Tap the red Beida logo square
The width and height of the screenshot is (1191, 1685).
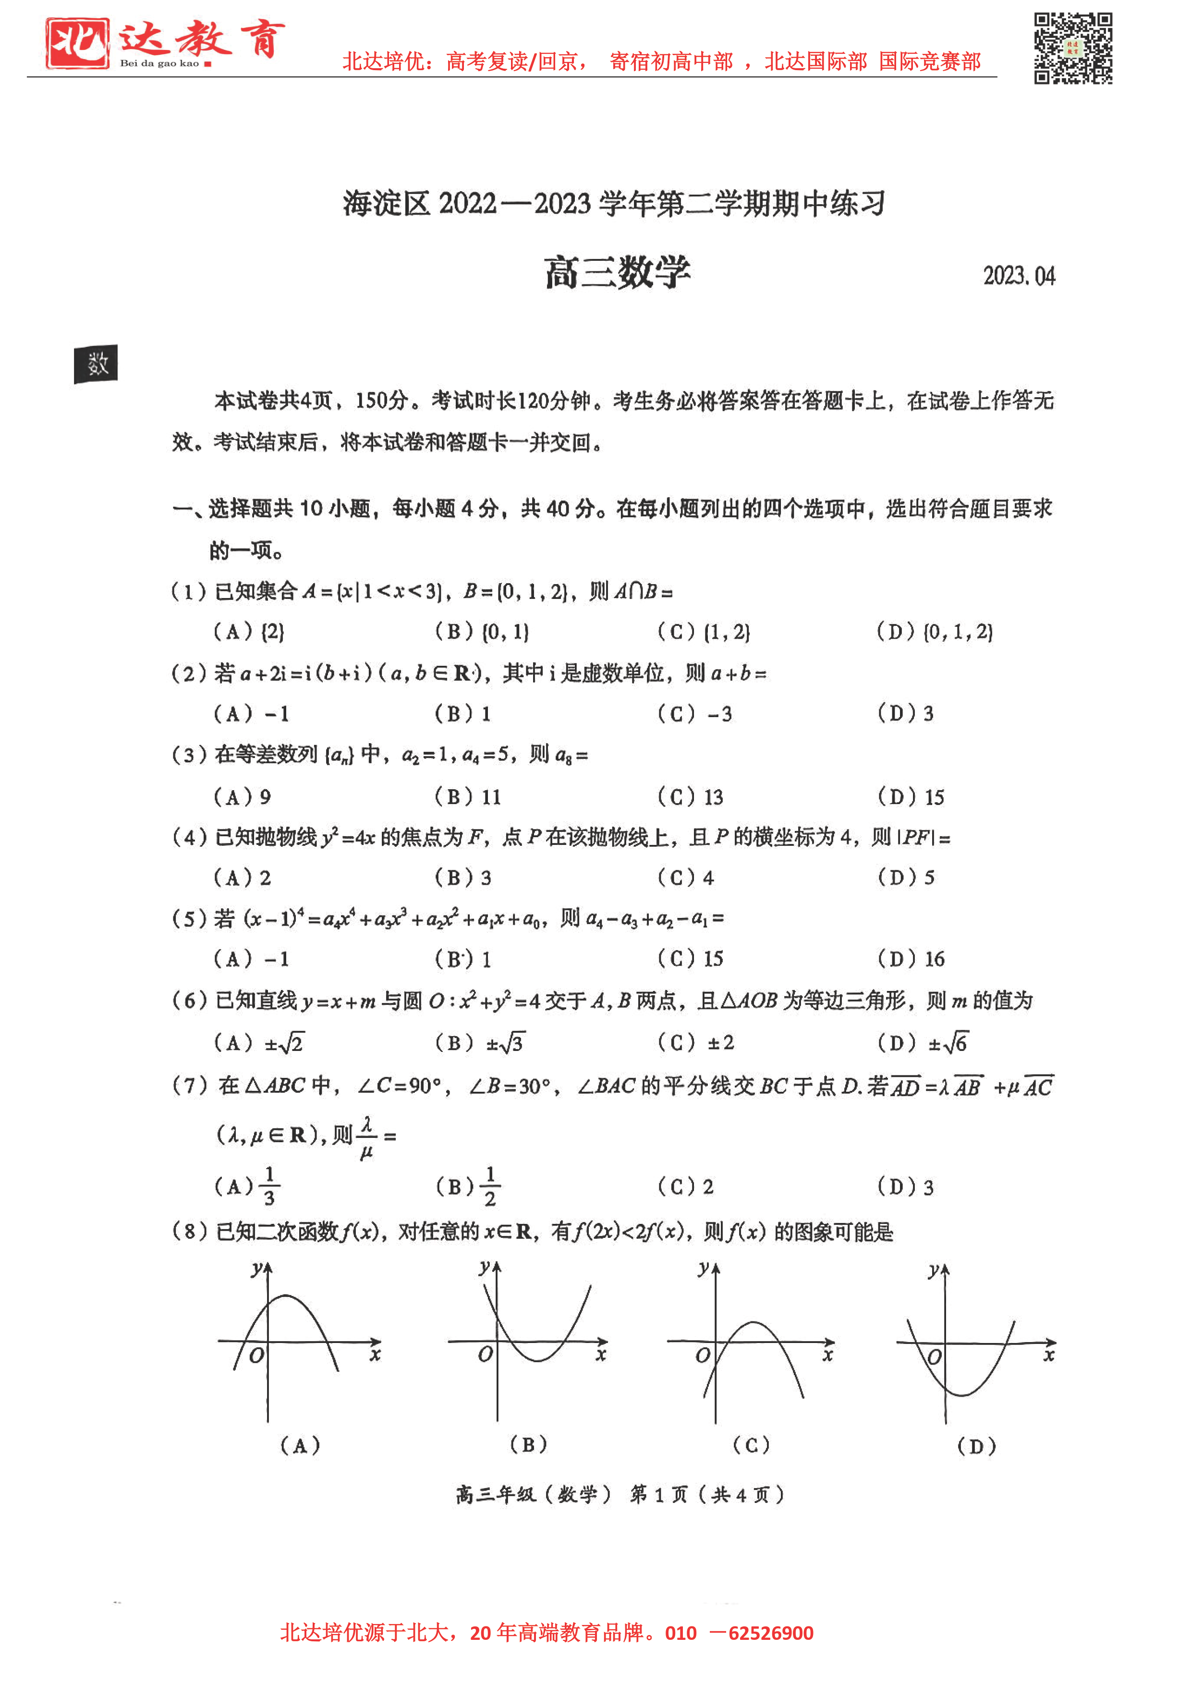coord(77,43)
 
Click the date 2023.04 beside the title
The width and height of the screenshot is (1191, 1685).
coord(1019,276)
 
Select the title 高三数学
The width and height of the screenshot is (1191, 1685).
coord(617,273)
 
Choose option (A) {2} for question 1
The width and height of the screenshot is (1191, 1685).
coord(249,631)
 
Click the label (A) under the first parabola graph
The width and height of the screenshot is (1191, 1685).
coord(300,1446)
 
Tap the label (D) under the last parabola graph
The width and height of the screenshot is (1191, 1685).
coord(977,1446)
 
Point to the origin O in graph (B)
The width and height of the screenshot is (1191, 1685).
coord(485,1354)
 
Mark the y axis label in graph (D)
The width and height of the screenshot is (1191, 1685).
coord(934,1270)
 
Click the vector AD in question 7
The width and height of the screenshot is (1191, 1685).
coord(905,1086)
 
